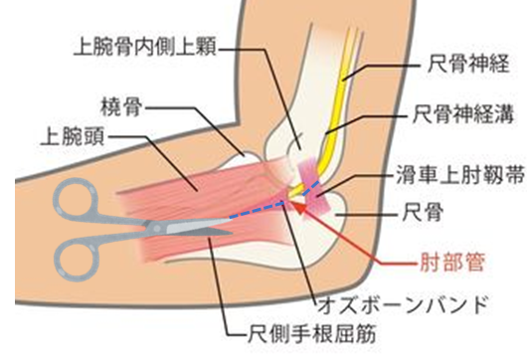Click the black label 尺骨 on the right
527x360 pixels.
[438, 213]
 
